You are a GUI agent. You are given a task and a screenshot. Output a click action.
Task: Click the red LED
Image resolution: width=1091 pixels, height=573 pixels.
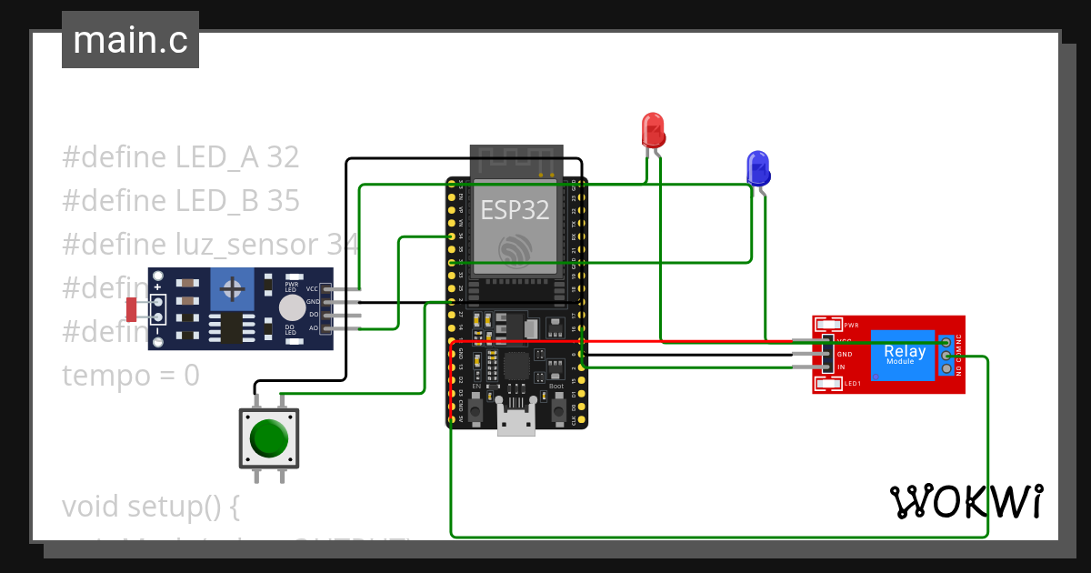[x=653, y=130]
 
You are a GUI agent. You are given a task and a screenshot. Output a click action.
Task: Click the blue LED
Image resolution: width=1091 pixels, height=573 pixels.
[x=757, y=169]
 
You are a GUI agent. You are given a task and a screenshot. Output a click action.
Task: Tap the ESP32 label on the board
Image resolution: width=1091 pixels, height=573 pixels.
[x=515, y=210]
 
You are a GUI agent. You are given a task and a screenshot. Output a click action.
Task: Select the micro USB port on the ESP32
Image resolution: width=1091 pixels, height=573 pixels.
[x=515, y=424]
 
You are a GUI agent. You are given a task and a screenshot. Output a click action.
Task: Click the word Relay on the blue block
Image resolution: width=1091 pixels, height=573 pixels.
[x=905, y=351]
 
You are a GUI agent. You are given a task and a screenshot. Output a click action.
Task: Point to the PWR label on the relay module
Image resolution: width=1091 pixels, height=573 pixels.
[x=852, y=325]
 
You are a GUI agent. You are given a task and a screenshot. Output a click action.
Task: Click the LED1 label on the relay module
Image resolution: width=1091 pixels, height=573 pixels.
[x=852, y=384]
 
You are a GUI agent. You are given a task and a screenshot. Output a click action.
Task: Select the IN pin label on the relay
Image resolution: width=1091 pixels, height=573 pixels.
[x=842, y=367]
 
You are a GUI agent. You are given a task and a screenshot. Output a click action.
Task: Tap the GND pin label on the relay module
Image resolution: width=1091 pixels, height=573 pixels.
[x=844, y=354]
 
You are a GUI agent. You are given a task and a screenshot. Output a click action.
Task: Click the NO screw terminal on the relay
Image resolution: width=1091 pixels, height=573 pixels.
[x=946, y=369]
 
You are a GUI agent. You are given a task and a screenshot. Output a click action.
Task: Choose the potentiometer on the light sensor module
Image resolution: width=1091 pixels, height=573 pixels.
[x=233, y=289]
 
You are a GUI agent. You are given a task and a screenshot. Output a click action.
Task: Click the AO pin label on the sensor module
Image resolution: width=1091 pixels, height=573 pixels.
[x=313, y=328]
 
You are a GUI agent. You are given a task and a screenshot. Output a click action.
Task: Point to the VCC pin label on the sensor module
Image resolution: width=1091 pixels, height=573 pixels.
[x=312, y=288]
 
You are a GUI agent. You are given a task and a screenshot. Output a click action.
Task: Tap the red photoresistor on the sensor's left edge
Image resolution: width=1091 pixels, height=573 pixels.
[x=132, y=309]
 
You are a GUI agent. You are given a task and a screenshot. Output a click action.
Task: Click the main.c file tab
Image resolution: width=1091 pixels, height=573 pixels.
[x=130, y=40]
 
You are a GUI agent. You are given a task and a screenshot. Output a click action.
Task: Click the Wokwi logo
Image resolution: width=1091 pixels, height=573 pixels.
[x=966, y=501]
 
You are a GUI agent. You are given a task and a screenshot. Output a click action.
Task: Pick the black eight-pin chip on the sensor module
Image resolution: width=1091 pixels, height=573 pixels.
[x=232, y=327]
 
